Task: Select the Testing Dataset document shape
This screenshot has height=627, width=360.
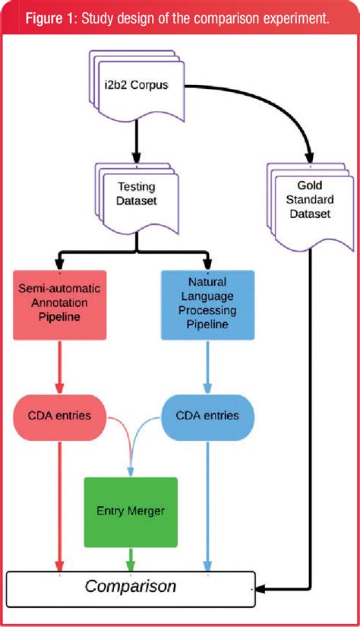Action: (x=137, y=194)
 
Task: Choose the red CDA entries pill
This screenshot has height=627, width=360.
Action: (x=58, y=416)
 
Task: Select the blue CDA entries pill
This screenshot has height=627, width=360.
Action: (x=208, y=416)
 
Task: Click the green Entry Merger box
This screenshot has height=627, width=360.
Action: (x=131, y=511)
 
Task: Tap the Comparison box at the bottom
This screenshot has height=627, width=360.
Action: (x=131, y=587)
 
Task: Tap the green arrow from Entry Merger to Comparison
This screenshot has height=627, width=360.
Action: (x=131, y=559)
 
